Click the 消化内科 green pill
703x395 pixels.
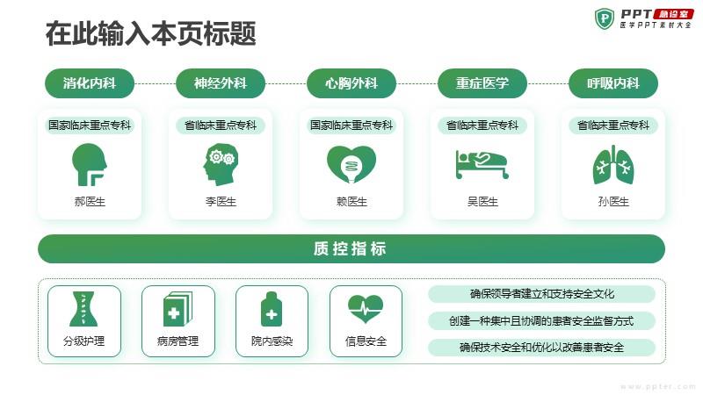click(90, 83)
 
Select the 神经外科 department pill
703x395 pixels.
click(221, 83)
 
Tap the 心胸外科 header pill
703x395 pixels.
click(351, 83)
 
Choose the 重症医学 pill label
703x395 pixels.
click(482, 83)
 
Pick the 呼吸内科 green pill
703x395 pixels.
click(613, 83)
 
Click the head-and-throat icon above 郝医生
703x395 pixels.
click(90, 164)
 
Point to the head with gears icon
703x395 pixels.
click(221, 164)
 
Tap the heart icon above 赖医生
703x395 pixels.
click(351, 164)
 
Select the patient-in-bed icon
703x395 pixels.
click(482, 164)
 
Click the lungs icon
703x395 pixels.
click(613, 164)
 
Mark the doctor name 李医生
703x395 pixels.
click(221, 202)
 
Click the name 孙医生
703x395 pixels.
click(613, 202)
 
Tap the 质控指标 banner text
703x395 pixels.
click(350, 248)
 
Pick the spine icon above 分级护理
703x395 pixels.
click(83, 309)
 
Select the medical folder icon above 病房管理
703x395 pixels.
click(178, 309)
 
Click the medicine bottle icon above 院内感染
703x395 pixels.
click(272, 309)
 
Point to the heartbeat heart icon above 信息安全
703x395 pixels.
click(366, 308)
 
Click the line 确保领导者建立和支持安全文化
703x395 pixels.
click(541, 294)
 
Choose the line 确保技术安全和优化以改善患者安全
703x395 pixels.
click(541, 347)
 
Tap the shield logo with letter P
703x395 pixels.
click(605, 18)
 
